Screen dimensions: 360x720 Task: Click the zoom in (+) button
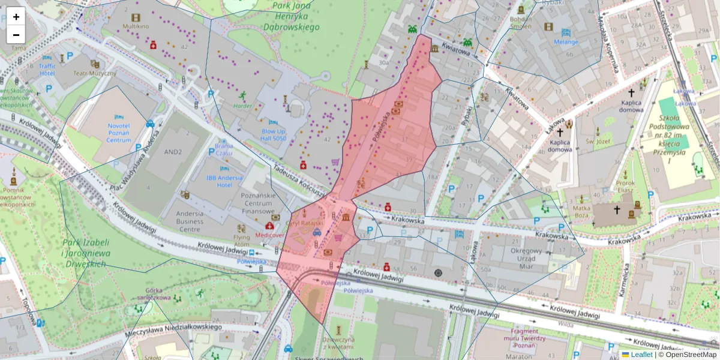coord(16,17)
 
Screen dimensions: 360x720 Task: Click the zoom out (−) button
coord(16,35)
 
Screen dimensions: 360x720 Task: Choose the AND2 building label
coord(173,152)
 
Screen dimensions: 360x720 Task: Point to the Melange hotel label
coord(566,42)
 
